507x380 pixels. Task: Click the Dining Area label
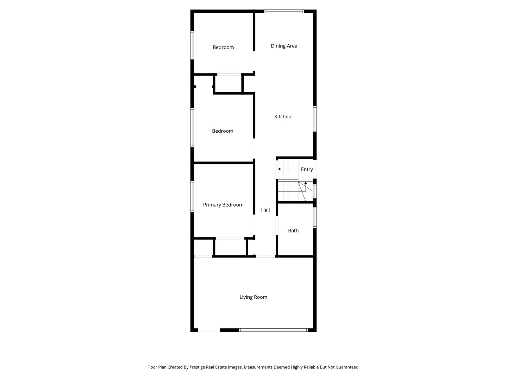(x=284, y=46)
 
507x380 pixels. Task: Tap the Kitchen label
(x=283, y=116)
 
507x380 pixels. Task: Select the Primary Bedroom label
(x=223, y=205)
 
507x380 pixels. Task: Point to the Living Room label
(x=253, y=297)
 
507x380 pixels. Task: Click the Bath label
(x=293, y=230)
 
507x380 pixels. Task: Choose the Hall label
(x=265, y=210)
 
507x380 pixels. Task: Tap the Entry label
(x=307, y=169)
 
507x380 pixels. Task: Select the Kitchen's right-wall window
(x=315, y=119)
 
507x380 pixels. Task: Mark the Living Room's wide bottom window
(x=274, y=330)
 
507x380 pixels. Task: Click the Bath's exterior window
(x=315, y=218)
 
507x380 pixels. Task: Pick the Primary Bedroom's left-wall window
(x=192, y=196)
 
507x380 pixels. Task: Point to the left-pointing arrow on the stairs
(x=279, y=169)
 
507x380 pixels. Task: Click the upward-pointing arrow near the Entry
(x=306, y=183)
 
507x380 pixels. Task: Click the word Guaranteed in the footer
(x=346, y=367)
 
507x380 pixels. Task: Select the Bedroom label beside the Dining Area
(x=223, y=47)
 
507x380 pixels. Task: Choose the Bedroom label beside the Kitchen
(x=223, y=131)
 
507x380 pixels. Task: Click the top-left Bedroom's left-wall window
(x=192, y=45)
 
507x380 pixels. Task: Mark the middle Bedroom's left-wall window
(x=192, y=127)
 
